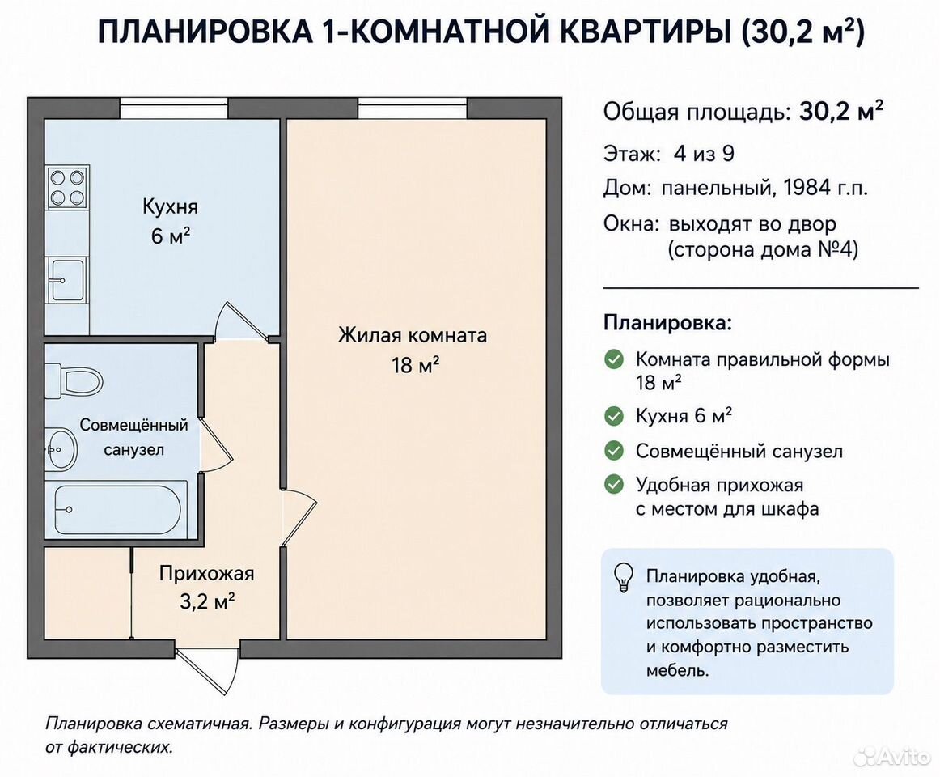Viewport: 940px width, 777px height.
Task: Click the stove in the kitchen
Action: tap(67, 187)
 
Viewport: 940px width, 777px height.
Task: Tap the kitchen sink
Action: tap(67, 279)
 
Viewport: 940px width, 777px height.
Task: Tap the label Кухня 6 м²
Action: tap(170, 221)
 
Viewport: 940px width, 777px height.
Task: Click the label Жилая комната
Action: tap(413, 334)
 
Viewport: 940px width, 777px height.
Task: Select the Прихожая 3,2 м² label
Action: tap(207, 587)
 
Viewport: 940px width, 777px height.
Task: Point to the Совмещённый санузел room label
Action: tap(133, 437)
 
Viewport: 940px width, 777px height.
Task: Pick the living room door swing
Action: tap(299, 517)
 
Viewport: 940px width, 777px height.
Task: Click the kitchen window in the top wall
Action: tap(173, 108)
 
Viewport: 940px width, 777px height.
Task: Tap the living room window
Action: tap(413, 108)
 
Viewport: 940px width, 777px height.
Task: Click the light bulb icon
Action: tap(624, 577)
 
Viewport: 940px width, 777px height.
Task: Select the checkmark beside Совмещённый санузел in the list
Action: tap(614, 451)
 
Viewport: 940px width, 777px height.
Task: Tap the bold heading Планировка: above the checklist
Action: tap(668, 324)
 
